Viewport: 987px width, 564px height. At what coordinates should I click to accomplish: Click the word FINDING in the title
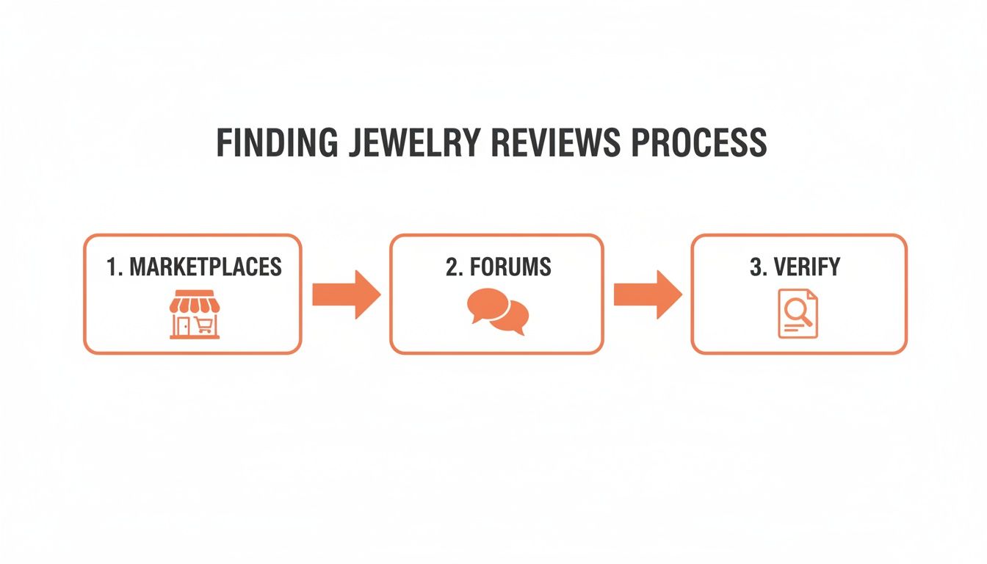pos(277,143)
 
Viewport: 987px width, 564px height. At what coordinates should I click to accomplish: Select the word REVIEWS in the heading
pos(560,143)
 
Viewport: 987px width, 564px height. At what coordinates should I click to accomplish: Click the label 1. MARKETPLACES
pos(194,267)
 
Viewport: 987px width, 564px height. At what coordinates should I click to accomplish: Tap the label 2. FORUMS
pos(498,267)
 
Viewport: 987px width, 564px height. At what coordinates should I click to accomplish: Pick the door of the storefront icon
pos(181,325)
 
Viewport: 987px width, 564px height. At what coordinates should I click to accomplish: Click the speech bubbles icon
pos(497,311)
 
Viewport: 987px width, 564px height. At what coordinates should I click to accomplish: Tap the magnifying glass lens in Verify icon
pos(793,311)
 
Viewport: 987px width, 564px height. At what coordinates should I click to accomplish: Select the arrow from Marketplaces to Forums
pos(346,294)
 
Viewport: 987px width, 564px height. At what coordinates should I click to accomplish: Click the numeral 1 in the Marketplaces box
pos(111,267)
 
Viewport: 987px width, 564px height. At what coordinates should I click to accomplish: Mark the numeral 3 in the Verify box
pos(754,267)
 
